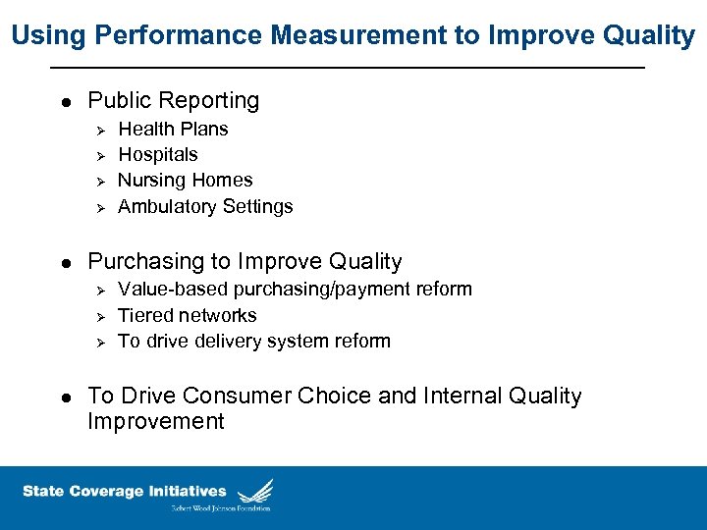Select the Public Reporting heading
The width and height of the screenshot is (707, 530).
[174, 100]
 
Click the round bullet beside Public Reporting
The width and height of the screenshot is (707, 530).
[65, 101]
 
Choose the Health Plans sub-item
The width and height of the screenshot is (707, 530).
[173, 129]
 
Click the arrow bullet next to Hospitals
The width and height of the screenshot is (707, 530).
[96, 155]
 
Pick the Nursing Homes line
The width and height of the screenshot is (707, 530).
[185, 180]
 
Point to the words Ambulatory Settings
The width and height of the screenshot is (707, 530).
[205, 206]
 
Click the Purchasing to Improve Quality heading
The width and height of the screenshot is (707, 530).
[245, 261]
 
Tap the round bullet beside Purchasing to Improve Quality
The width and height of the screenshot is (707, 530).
[65, 262]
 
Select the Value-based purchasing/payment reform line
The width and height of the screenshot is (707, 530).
[295, 289]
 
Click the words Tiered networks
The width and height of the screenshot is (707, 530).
[187, 315]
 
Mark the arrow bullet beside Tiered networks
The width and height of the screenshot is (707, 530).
[96, 316]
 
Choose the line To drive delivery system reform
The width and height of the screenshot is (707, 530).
[254, 341]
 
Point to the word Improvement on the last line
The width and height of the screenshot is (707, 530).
[156, 421]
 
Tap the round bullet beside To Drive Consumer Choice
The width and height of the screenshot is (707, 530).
[65, 397]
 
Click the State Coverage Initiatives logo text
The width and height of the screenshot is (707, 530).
[125, 492]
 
